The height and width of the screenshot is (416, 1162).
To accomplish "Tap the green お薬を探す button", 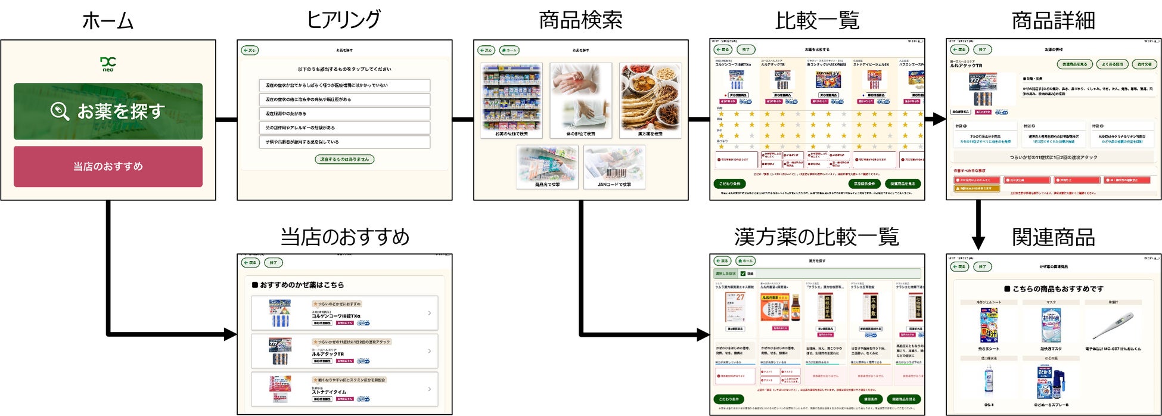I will (x=108, y=111).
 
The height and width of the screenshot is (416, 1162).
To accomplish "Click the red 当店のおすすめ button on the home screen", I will (x=108, y=166).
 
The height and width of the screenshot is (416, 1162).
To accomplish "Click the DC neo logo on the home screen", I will (x=108, y=64).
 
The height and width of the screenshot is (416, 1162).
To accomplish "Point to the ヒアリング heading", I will (x=343, y=20).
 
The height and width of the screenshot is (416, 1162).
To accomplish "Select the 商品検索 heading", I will (x=580, y=20).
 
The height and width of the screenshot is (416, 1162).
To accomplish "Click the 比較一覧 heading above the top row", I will (x=817, y=21).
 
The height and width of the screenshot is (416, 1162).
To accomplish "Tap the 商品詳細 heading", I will (x=1053, y=20).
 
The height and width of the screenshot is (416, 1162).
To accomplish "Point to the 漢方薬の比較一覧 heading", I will (x=816, y=237).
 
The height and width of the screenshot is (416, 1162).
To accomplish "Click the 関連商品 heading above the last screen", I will (x=1053, y=237).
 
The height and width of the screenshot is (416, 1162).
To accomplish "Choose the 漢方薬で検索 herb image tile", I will (x=650, y=100).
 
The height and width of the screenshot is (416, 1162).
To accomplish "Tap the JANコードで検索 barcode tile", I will (x=614, y=167).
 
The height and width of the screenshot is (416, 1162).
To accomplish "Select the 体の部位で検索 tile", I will (x=580, y=100).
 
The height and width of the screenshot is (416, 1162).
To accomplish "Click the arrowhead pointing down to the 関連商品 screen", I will (x=978, y=242).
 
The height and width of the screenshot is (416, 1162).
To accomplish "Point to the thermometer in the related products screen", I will (x=1112, y=325).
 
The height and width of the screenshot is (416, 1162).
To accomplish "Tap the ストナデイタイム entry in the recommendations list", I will (x=344, y=390).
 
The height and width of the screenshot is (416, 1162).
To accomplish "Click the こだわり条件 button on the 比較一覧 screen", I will (x=729, y=184).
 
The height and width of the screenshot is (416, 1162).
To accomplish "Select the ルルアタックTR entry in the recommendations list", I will (x=344, y=351).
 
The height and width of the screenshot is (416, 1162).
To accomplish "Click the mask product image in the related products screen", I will (x=1051, y=325).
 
